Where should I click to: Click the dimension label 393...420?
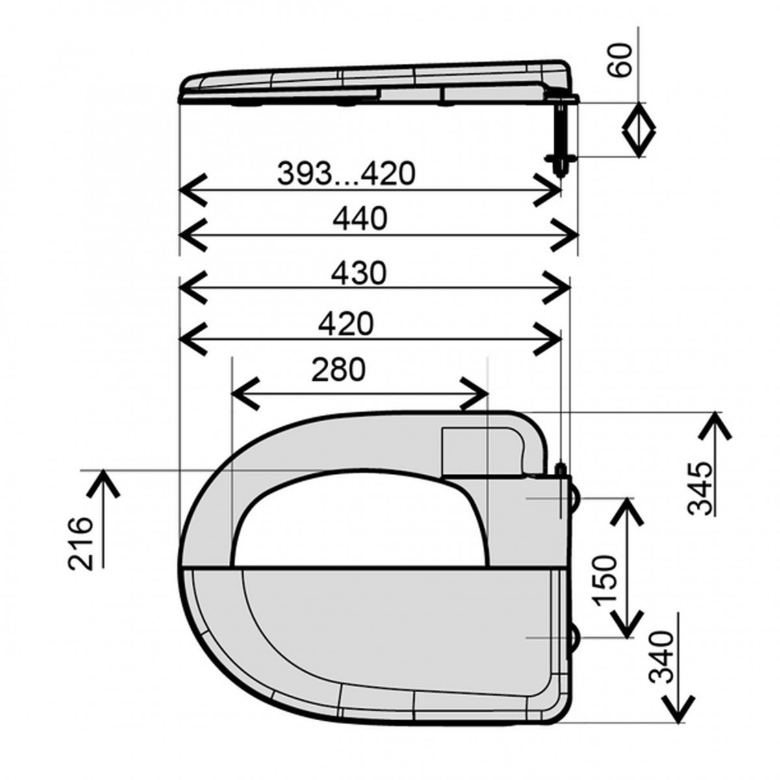(x=346, y=174)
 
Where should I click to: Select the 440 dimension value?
(x=360, y=218)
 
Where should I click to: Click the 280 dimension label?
(x=339, y=370)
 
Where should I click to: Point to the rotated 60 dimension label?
(x=619, y=60)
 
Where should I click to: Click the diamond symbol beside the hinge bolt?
(x=638, y=129)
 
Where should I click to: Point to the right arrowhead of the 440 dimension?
(x=564, y=235)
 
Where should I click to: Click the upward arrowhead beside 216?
(x=103, y=483)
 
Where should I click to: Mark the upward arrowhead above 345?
(x=715, y=426)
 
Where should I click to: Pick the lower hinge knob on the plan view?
(x=575, y=636)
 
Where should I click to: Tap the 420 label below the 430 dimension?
(x=345, y=324)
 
